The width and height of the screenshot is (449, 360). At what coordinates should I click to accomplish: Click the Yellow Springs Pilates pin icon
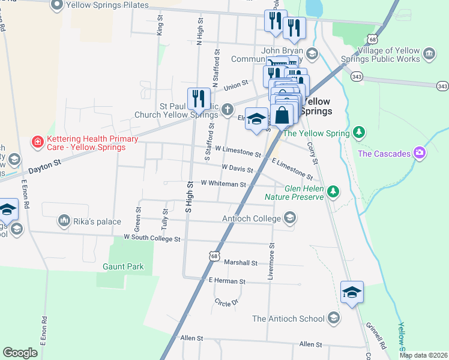pos(57,6)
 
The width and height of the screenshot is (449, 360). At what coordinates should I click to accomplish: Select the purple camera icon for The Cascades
pos(419,153)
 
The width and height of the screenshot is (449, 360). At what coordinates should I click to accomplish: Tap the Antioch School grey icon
pos(334,319)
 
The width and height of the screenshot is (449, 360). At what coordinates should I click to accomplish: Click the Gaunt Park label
pos(123,266)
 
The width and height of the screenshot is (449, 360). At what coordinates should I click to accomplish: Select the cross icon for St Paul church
pos(227,109)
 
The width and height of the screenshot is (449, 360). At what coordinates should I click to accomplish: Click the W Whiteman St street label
pos(223,184)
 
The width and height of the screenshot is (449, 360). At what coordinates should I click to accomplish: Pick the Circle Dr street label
pos(227,302)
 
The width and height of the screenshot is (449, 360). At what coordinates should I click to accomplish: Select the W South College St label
pos(152,238)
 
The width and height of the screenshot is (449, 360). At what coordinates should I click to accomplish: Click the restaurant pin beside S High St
pos(199,98)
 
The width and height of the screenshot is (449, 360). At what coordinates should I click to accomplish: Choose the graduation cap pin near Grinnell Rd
pos(352,291)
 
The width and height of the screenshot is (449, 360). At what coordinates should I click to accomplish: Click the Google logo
pos(20,353)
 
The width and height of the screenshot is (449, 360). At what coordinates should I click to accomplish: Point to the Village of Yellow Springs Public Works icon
pos(429,55)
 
